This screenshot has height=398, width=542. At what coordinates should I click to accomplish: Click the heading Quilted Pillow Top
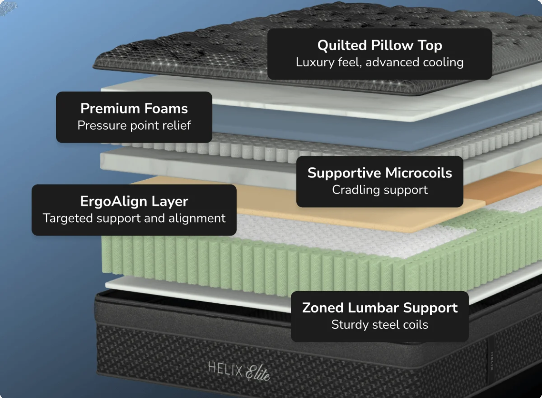pos(380,45)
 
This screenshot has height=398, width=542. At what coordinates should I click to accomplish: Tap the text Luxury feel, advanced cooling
pos(380,62)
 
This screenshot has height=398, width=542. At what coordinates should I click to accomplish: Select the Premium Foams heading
pos(134,108)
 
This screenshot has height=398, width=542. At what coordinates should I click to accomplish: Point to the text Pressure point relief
pos(134,125)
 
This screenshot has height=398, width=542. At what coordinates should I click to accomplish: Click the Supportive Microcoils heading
pos(380,173)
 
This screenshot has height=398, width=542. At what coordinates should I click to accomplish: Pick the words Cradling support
pos(380,190)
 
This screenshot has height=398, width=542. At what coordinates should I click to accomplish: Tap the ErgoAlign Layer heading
pos(134,201)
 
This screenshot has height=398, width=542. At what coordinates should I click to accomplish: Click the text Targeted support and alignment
pos(134,218)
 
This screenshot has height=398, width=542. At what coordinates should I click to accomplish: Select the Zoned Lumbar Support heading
pos(380,308)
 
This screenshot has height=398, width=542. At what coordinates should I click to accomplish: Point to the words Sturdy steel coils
pos(380,325)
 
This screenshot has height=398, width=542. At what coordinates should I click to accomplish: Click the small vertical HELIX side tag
pos(492,361)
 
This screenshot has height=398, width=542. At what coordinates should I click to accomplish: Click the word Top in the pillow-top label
pos(430,45)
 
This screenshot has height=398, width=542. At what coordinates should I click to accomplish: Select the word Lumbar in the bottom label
pos(374,308)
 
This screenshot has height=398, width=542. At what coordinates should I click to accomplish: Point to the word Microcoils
pos(418,173)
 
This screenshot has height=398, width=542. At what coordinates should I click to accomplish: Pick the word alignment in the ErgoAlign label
pos(197,218)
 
